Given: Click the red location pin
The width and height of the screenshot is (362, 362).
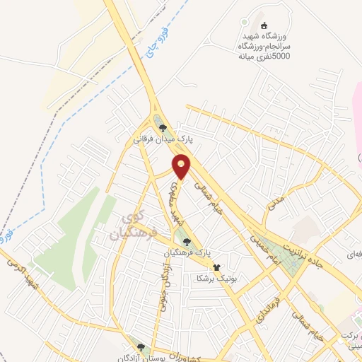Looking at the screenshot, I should [x=182, y=165].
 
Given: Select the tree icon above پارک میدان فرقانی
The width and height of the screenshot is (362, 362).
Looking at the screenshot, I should [x=163, y=127].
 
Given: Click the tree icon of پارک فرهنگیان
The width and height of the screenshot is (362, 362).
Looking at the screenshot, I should [x=187, y=242].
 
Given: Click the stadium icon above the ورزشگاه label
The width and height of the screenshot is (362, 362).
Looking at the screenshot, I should [x=255, y=27].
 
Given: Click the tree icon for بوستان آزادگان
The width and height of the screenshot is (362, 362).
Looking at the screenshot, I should [x=141, y=348].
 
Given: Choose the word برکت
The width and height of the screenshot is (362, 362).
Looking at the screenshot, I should [x=349, y=335].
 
